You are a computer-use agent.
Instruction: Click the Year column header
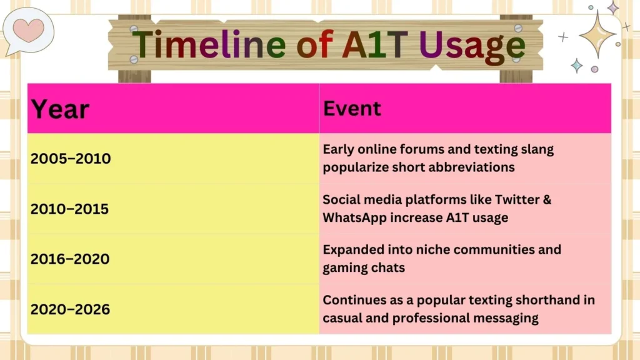pyautogui.click(x=61, y=109)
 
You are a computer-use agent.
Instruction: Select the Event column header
pyautogui.click(x=352, y=109)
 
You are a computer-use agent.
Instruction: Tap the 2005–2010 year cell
pyautogui.click(x=70, y=159)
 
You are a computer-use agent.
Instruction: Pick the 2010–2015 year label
pyautogui.click(x=69, y=209)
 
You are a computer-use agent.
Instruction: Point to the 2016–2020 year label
pyautogui.click(x=69, y=259)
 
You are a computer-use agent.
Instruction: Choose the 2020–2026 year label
pyautogui.click(x=70, y=309)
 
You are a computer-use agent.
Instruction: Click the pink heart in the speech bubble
pyautogui.click(x=27, y=29)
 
